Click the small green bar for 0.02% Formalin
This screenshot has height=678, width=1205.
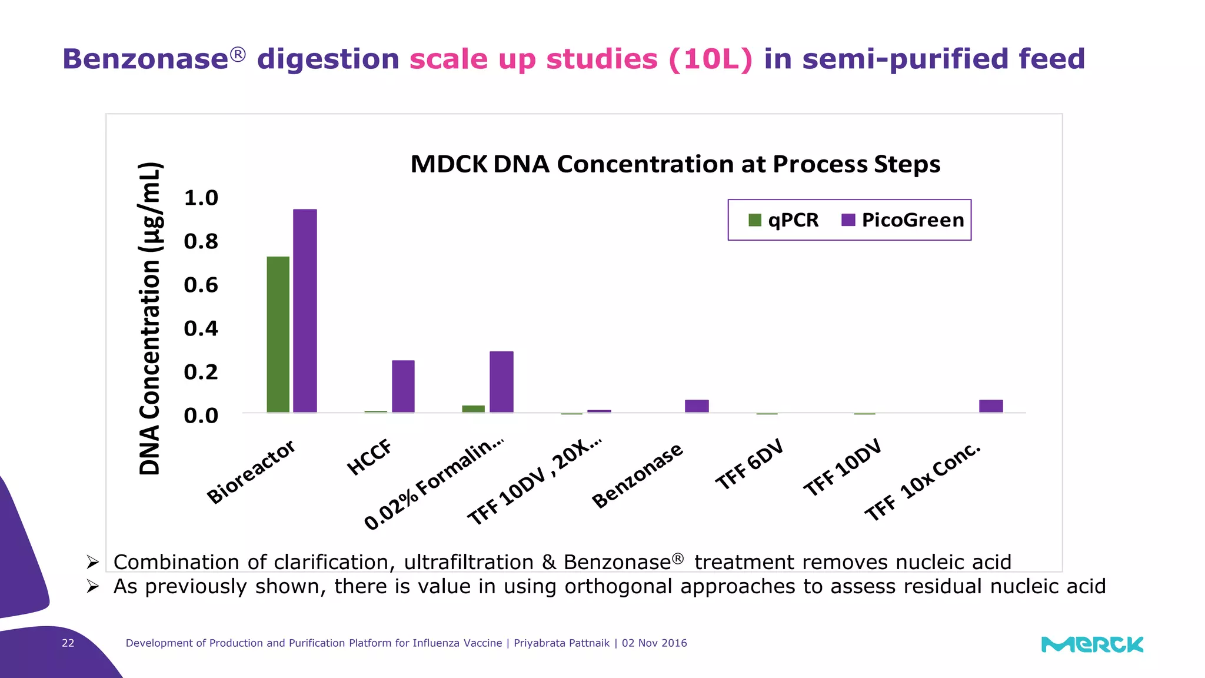(473, 408)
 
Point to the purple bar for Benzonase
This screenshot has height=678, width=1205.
(697, 406)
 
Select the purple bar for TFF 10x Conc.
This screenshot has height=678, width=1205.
(991, 406)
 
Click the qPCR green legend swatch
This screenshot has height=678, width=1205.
(755, 220)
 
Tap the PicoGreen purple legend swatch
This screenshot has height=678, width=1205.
(848, 220)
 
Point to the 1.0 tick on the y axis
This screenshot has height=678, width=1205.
(201, 198)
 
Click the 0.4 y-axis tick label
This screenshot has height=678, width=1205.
(201, 328)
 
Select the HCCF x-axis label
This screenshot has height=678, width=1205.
(370, 457)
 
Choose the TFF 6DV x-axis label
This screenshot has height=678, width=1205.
(749, 464)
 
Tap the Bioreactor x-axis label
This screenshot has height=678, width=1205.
(251, 472)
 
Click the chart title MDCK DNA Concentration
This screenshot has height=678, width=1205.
(675, 164)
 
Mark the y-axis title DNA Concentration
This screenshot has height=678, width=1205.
(150, 318)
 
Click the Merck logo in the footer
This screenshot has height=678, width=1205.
(1092, 644)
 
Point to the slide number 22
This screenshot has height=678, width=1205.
(68, 643)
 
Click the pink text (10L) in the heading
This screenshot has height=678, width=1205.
(710, 59)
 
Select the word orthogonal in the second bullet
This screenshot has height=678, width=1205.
(618, 586)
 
